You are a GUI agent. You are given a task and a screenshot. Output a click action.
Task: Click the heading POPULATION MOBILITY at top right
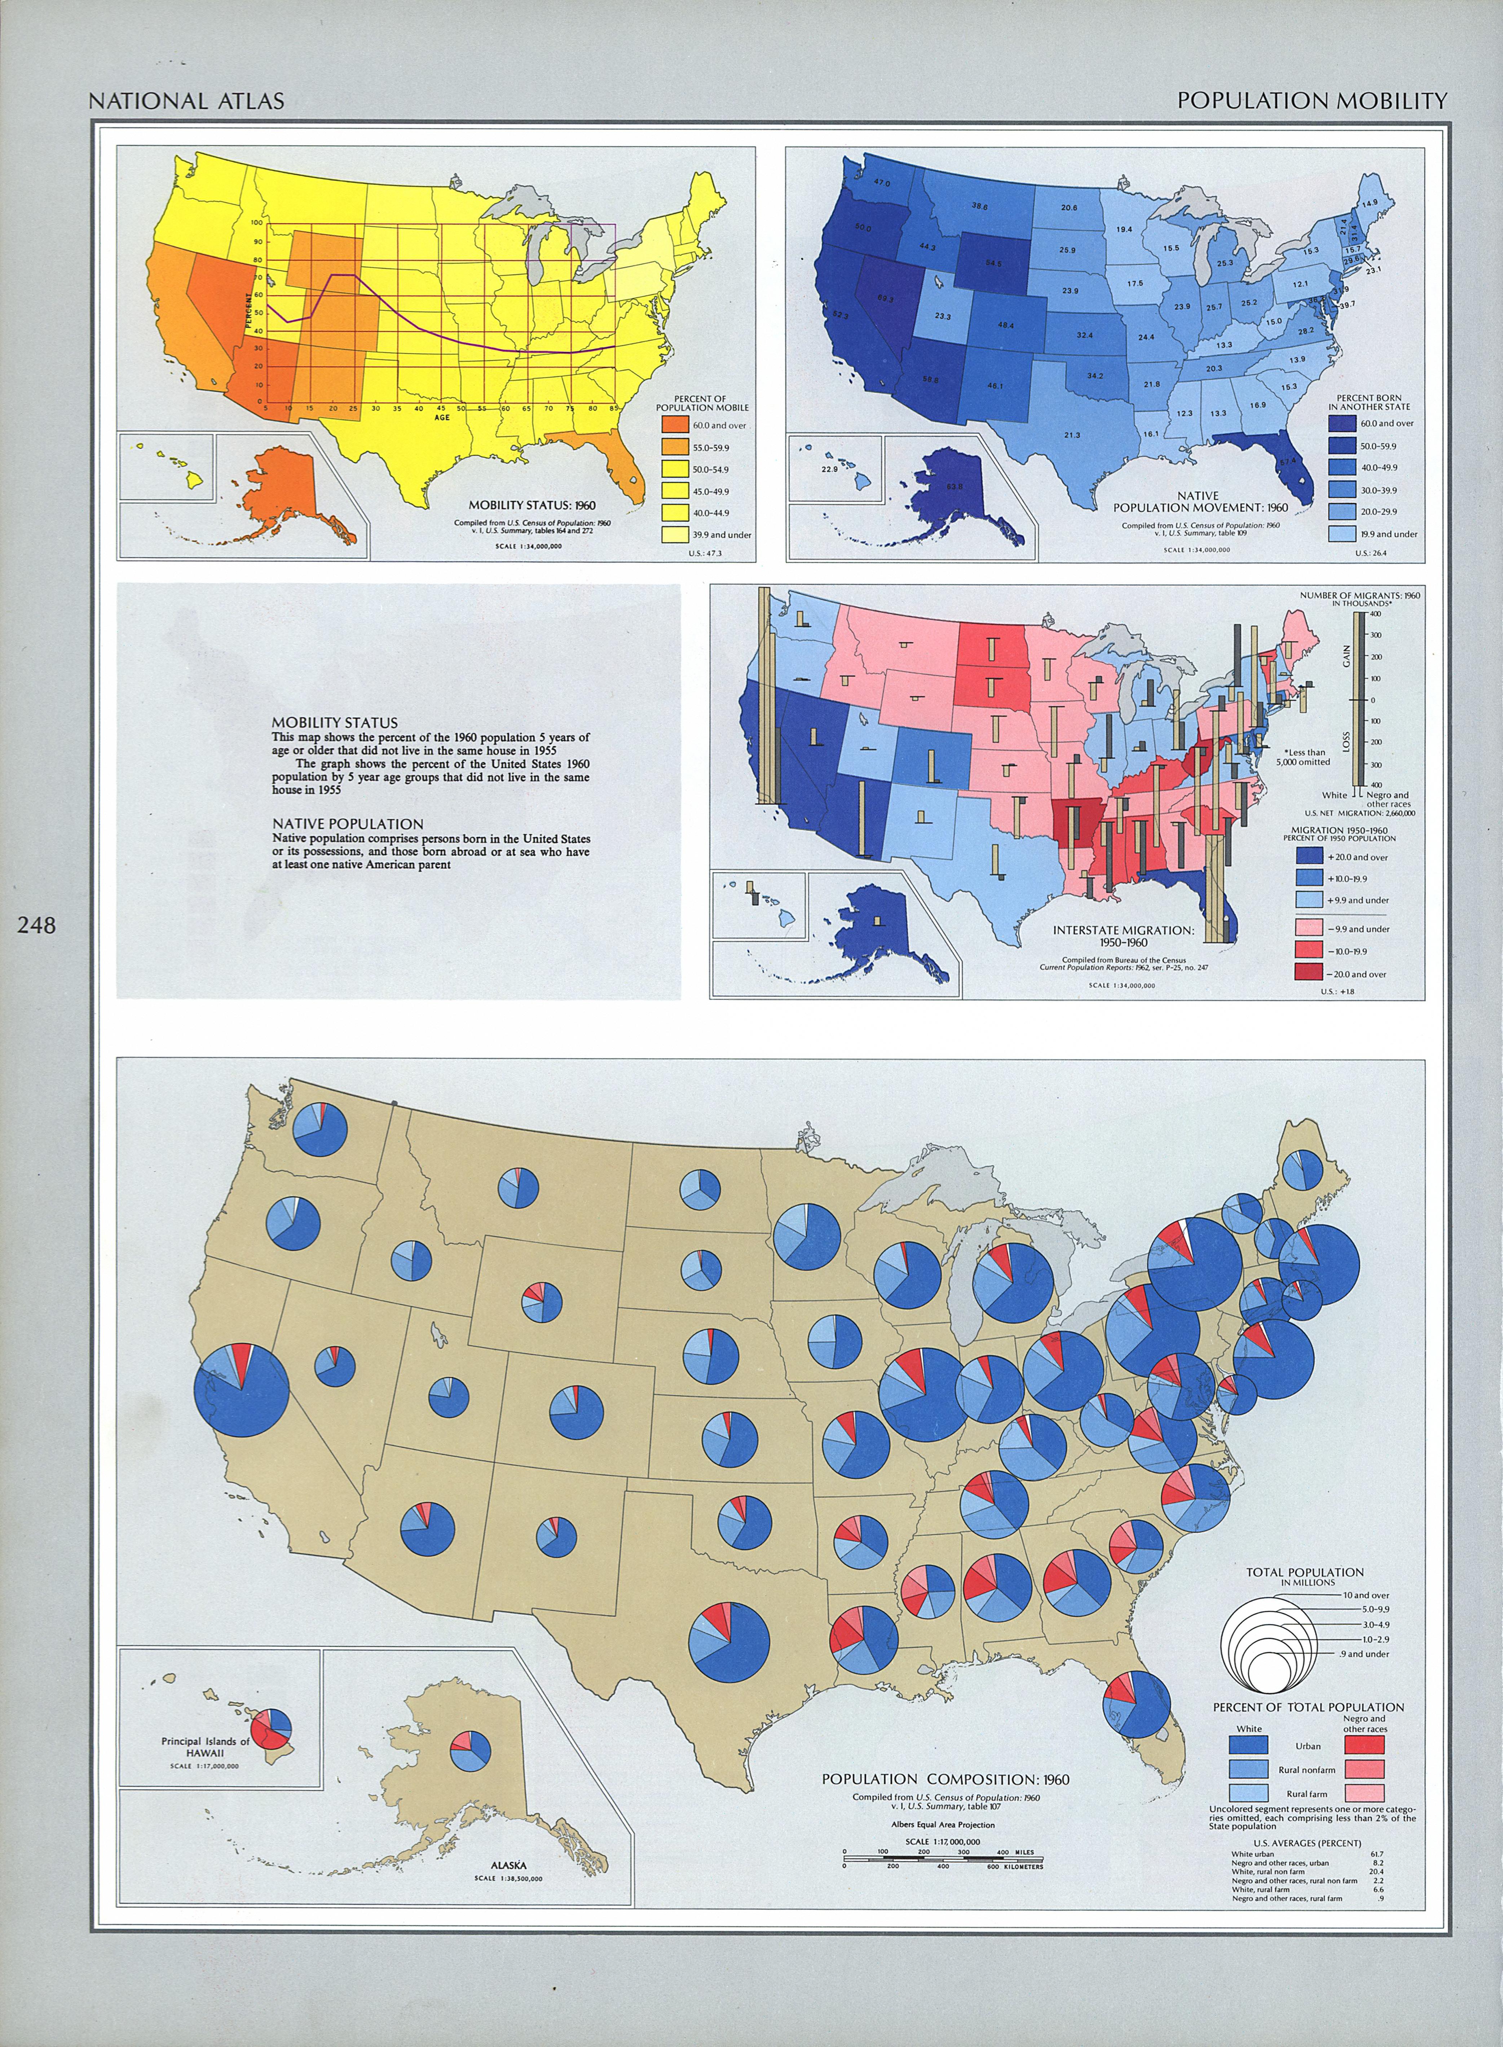1311,101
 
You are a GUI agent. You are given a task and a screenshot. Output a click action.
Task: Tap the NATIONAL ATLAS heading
186,101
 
